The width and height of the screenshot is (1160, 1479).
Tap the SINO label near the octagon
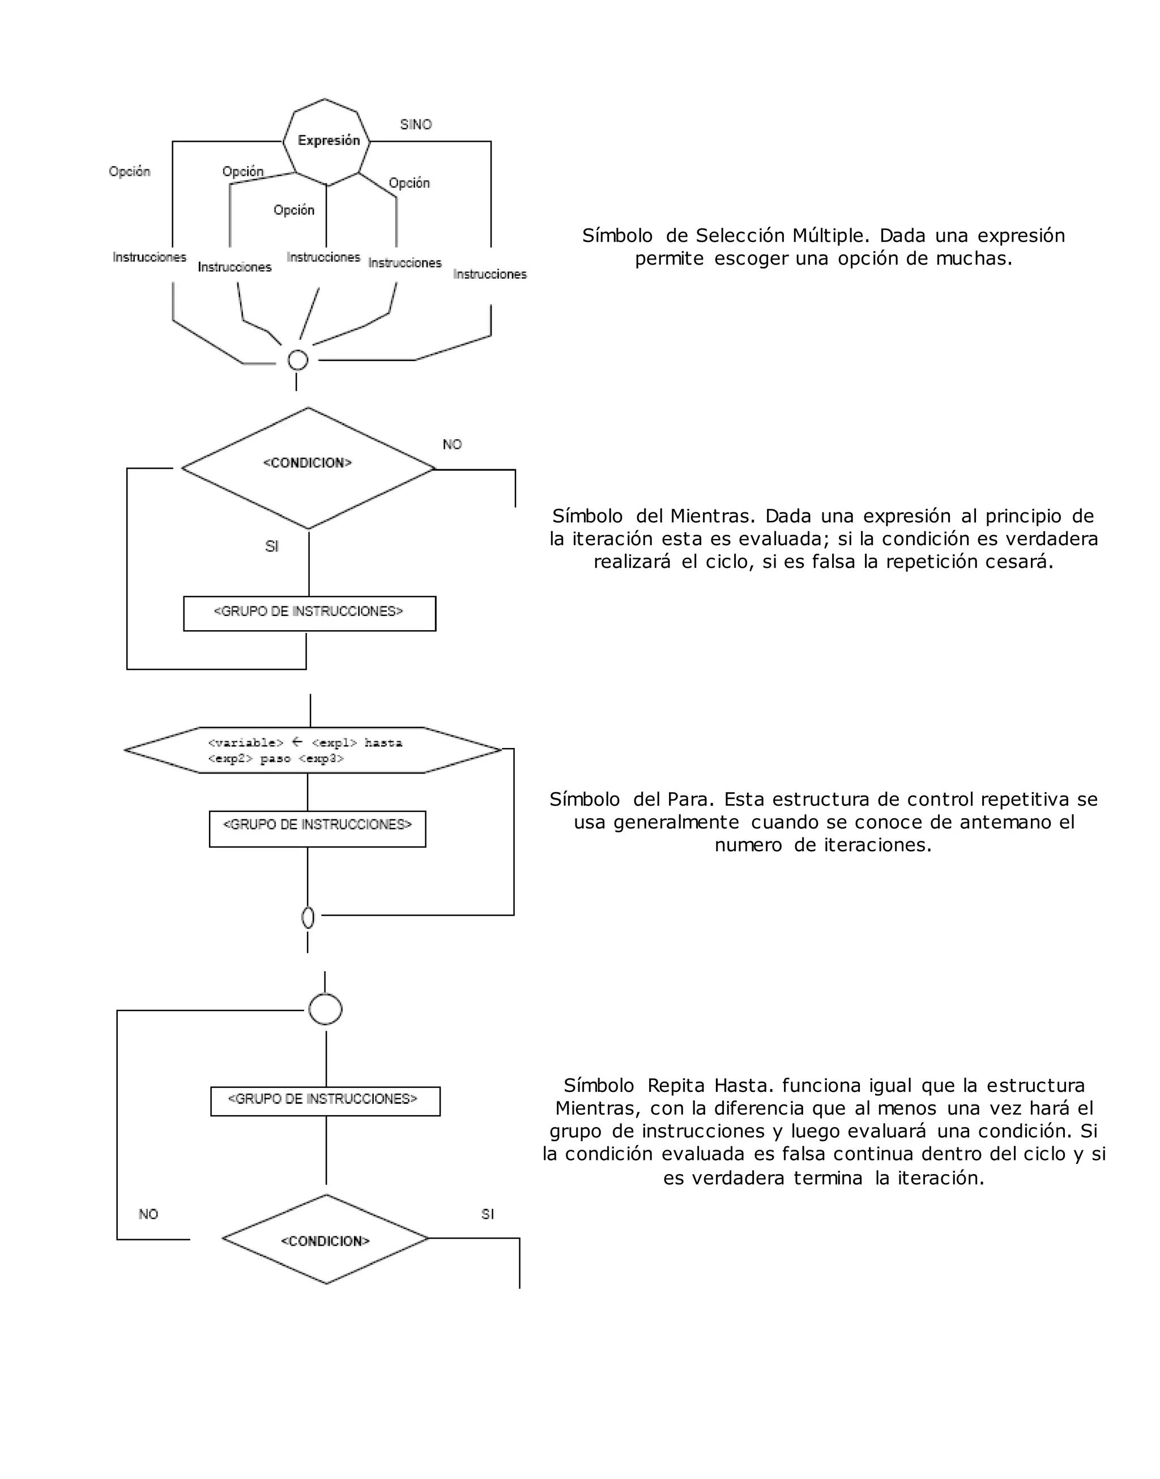416,124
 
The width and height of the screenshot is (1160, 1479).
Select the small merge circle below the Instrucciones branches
298,360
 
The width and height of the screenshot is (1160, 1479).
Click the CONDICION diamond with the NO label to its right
308,467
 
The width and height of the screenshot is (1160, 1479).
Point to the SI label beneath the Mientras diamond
272,546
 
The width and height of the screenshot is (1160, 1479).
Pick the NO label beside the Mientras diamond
453,444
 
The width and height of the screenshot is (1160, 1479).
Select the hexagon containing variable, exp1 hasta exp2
313,750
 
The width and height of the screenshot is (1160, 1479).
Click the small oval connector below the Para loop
308,918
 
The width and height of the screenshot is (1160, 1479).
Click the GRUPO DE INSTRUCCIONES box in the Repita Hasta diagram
325,1100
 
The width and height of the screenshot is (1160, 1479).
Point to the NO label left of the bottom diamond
148,1213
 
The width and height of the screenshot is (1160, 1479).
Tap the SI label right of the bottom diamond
488,1213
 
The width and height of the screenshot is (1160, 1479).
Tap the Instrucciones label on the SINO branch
490,274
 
